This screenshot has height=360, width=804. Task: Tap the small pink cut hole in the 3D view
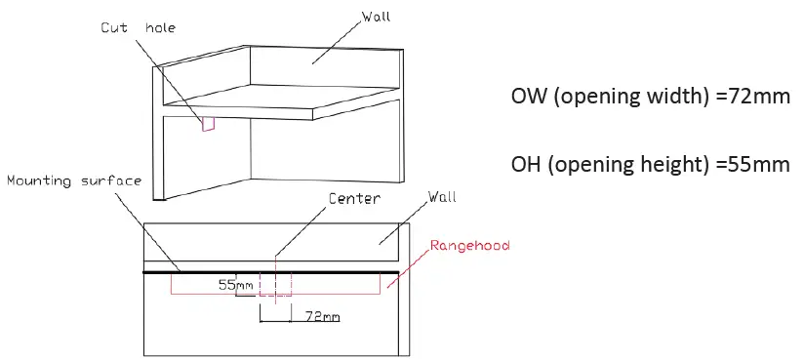click(x=207, y=123)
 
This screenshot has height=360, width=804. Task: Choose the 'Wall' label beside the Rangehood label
click(x=442, y=198)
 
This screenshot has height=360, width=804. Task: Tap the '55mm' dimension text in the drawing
click(x=235, y=287)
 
